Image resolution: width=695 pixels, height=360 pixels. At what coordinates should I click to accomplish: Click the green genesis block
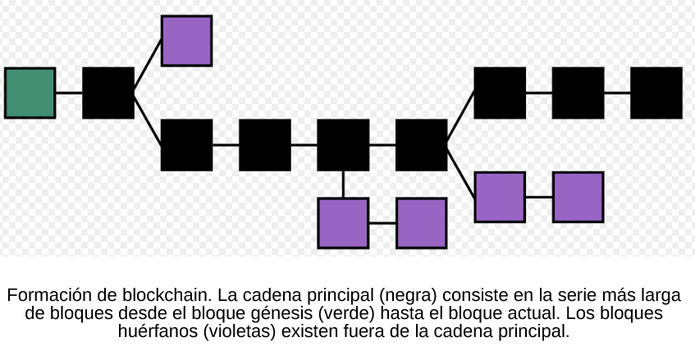[30, 93]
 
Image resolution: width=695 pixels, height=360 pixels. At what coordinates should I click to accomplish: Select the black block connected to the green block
[108, 93]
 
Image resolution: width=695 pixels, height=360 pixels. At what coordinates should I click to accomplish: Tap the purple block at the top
[186, 40]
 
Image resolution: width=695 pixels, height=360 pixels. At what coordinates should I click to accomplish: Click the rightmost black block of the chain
[656, 93]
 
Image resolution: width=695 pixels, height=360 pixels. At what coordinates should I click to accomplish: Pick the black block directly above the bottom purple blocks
[343, 145]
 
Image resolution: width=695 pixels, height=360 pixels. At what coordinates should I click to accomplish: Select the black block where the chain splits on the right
[421, 145]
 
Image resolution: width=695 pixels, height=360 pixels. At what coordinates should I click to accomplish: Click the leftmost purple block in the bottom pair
[343, 223]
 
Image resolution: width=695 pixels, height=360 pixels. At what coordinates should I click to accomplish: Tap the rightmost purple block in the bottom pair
[421, 223]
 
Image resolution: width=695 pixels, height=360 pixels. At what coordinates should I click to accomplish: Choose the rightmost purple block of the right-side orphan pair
[578, 197]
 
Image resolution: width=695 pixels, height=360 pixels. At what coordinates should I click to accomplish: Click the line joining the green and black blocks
[69, 93]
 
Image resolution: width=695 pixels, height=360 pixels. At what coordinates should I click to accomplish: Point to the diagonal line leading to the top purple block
[148, 66]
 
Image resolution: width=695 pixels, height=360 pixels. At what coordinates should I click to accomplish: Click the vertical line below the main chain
[343, 185]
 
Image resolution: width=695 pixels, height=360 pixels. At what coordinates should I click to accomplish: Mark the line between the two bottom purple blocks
[382, 223]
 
